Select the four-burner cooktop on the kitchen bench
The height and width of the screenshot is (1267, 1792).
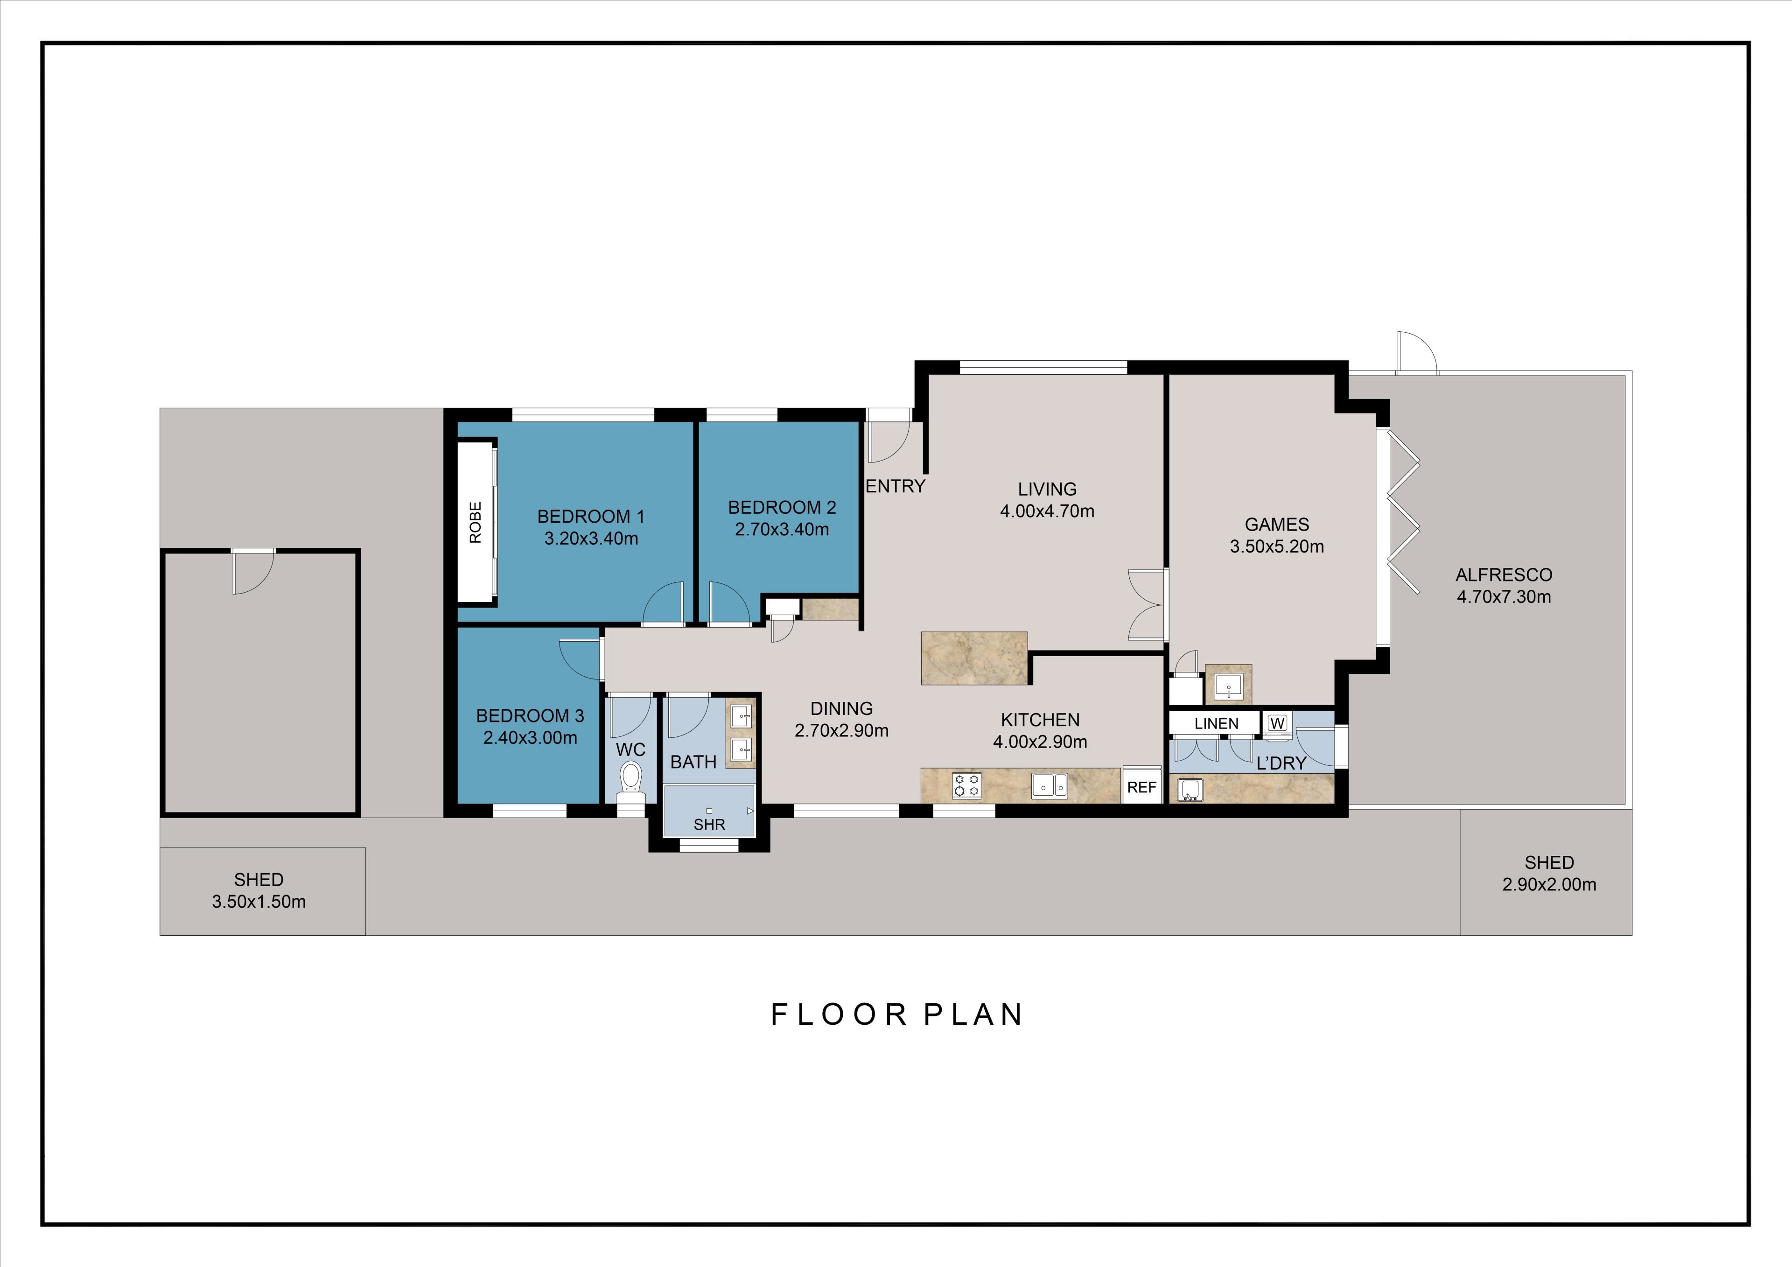966,785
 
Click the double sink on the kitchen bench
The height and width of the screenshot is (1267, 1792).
1050,785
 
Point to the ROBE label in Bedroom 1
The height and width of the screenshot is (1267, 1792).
476,522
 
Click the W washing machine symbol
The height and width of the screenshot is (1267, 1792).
1277,723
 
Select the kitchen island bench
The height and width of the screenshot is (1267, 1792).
974,658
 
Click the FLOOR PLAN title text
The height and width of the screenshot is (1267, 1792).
897,1014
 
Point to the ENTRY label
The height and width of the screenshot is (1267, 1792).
895,486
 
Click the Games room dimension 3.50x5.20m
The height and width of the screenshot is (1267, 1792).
1277,546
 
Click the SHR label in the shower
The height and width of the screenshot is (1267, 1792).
709,825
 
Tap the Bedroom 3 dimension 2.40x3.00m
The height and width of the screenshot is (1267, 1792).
530,738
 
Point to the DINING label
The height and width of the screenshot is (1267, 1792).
841,709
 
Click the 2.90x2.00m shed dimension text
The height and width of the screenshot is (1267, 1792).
1549,884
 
